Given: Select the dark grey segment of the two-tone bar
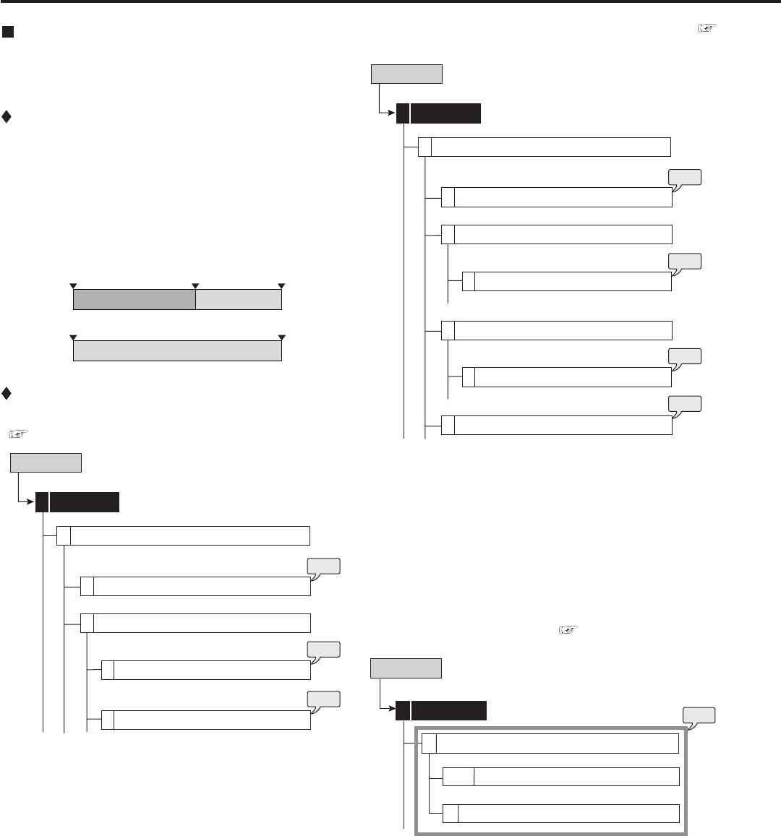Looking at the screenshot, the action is [x=135, y=299].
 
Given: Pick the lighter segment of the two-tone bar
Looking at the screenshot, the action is [x=239, y=299].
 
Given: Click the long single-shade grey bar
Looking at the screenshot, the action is [x=177, y=350].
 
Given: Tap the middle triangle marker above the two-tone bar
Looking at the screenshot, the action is [x=195, y=286].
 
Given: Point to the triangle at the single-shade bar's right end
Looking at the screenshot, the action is [x=281, y=337].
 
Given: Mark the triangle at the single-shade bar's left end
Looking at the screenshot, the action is [x=73, y=337].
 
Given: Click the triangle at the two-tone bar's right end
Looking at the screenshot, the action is [x=281, y=286].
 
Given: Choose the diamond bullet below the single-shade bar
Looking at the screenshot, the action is [x=7, y=394].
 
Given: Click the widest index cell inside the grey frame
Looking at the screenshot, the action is [x=458, y=777].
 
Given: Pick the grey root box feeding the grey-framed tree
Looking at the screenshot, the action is [x=406, y=668].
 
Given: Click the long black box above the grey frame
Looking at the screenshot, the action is [x=448, y=711].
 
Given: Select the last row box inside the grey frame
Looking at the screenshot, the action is [x=568, y=814].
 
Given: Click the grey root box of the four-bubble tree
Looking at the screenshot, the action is [x=406, y=74].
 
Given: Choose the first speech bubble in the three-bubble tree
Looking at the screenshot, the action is [x=324, y=566].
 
